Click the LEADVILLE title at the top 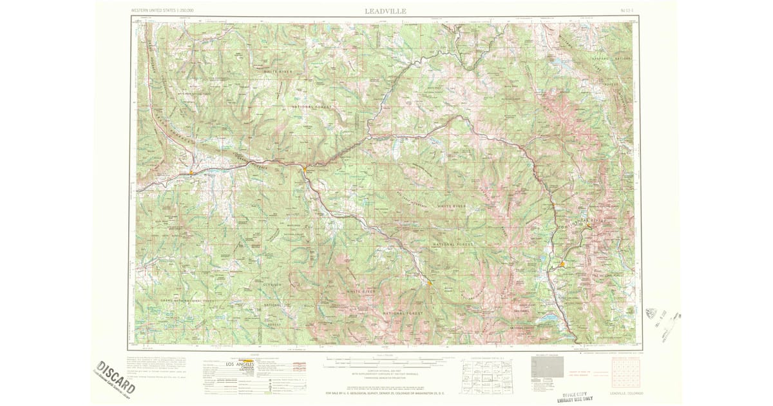pyautogui.click(x=386, y=10)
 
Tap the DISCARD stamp pyautogui.click(x=117, y=378)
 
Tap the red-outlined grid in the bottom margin pyautogui.click(x=625, y=372)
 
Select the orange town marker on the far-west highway pyautogui.click(x=191, y=172)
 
